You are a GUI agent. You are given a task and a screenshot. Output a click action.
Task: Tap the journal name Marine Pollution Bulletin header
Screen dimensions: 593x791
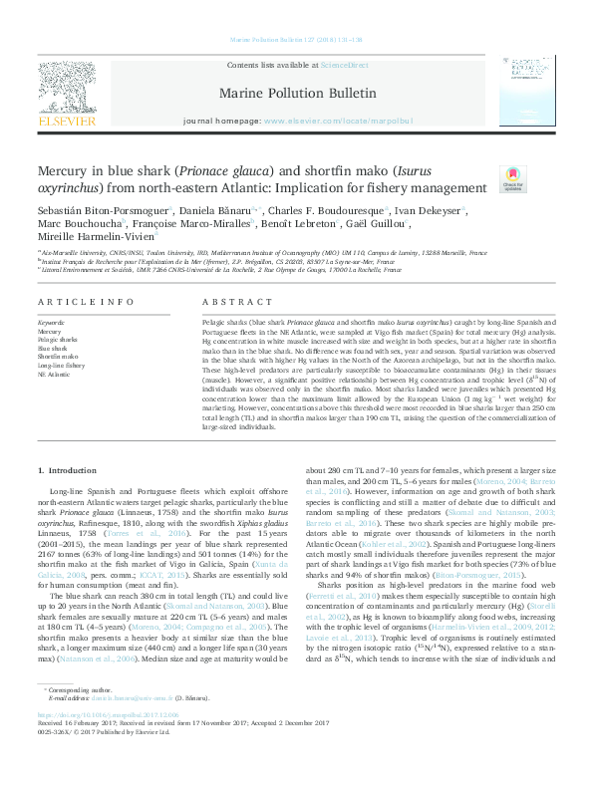297,94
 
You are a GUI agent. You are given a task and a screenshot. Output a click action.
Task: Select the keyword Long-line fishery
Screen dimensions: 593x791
61,366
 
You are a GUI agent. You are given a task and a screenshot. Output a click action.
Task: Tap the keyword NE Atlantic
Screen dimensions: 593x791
54,374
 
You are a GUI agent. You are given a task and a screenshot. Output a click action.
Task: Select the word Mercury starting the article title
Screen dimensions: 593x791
66,172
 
